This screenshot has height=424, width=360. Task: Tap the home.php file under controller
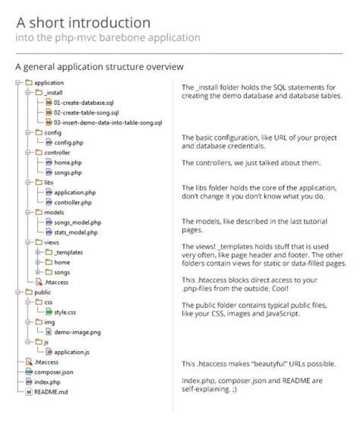(68, 162)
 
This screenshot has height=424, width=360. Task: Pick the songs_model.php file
(77, 222)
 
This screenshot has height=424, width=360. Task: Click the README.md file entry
(52, 391)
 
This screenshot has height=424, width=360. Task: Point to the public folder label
(43, 291)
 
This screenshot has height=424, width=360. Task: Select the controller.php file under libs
(73, 202)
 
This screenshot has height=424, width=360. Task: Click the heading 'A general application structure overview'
(99, 67)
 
